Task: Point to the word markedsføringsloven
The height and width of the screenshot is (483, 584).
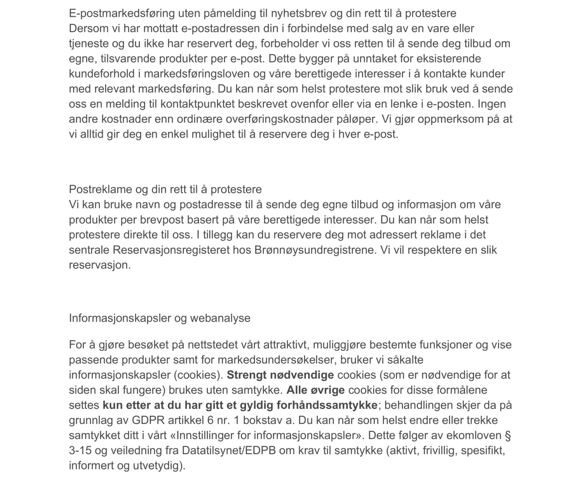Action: tap(197, 74)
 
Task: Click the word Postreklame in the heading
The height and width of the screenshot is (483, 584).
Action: tap(100, 189)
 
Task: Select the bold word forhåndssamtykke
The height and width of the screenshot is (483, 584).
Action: tap(327, 405)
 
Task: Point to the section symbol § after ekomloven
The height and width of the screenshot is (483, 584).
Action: tap(508, 435)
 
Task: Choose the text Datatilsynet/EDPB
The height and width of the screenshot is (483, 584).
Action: tap(229, 450)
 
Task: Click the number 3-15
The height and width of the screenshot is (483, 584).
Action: tap(80, 450)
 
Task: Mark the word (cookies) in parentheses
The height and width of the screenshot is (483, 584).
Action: tap(199, 375)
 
